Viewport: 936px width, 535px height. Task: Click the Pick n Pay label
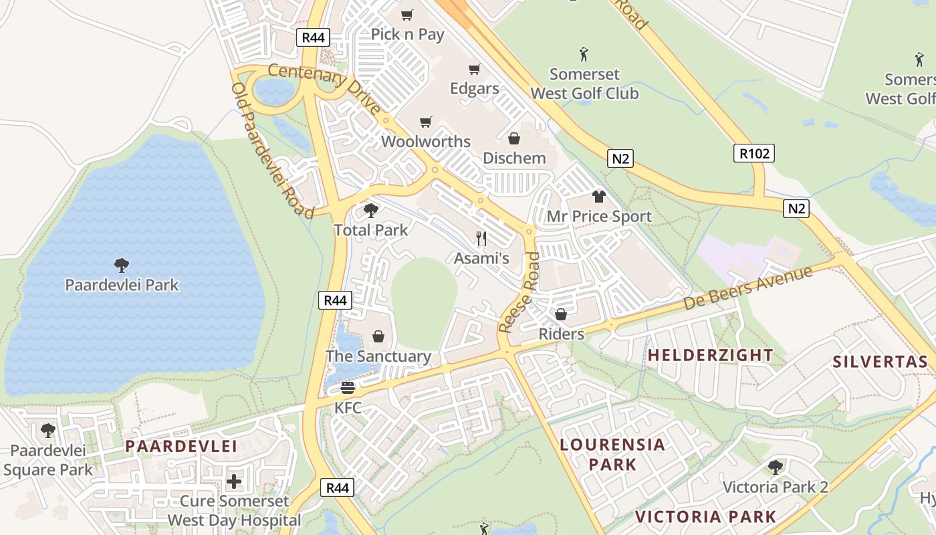tap(407, 34)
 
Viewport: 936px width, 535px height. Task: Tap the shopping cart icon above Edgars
tap(475, 70)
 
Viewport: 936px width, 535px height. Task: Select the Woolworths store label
tap(425, 142)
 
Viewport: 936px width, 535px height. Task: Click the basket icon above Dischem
tap(514, 138)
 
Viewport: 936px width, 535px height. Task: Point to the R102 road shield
tap(754, 153)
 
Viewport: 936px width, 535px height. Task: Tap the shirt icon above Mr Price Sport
tap(598, 197)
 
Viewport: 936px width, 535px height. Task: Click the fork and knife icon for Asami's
tap(481, 238)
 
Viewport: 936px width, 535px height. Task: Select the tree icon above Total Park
tap(370, 211)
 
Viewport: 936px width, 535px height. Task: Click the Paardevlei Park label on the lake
tap(122, 285)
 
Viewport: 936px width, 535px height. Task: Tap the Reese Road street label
tap(519, 293)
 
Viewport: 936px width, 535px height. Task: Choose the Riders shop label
tap(561, 334)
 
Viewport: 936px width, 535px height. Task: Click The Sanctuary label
tap(378, 356)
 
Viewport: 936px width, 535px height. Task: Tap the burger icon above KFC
tap(348, 387)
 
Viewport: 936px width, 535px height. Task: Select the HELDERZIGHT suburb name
tap(710, 355)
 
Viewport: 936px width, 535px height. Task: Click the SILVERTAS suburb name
tap(880, 362)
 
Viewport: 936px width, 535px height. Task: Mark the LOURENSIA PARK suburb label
tap(612, 454)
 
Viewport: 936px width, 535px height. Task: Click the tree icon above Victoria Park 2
tap(776, 467)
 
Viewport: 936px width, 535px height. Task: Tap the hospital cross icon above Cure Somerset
tap(234, 481)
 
